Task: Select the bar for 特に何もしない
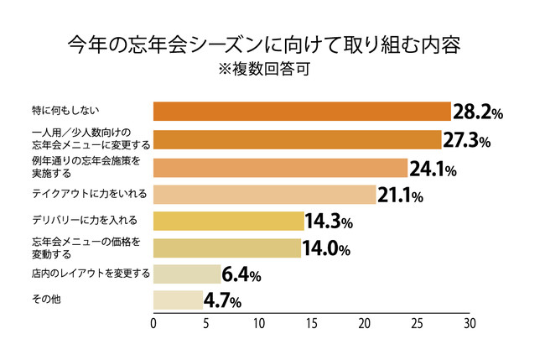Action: [303, 112]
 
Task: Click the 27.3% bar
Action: [298, 139]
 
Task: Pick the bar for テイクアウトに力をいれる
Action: [264, 194]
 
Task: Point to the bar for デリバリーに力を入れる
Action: [228, 222]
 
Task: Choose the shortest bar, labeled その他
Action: [178, 299]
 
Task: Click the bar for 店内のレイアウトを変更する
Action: [187, 274]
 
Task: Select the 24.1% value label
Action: [432, 169]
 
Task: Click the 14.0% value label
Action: [327, 248]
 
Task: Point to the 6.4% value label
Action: [242, 274]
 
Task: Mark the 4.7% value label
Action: [224, 300]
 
